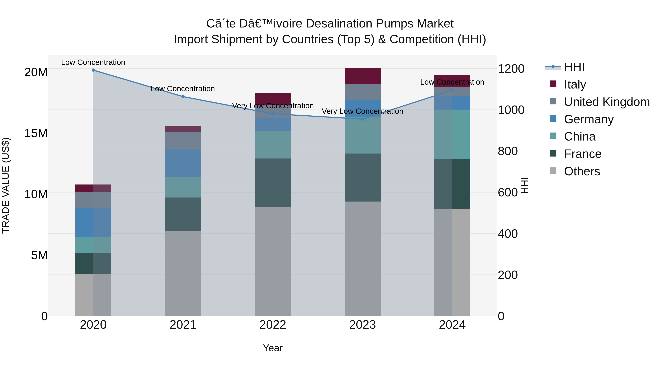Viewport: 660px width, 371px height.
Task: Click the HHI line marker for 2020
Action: [x=93, y=70]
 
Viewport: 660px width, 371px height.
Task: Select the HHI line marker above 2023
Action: [x=362, y=119]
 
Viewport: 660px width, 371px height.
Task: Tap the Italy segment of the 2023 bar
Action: [x=362, y=76]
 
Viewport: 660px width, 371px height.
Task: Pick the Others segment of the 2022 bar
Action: [x=273, y=261]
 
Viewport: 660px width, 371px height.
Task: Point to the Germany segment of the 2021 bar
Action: [x=183, y=163]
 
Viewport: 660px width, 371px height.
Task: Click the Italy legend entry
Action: [x=575, y=84]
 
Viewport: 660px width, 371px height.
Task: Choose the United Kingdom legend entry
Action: [x=606, y=102]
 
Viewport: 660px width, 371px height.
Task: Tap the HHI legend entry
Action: [x=574, y=67]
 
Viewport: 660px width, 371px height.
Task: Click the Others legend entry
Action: [x=582, y=171]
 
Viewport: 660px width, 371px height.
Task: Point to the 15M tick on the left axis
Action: [x=36, y=133]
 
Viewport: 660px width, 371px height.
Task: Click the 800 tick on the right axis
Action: [x=507, y=151]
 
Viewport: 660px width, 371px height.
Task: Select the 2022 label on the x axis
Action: [x=273, y=325]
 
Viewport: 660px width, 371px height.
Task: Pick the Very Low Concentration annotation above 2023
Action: [x=362, y=111]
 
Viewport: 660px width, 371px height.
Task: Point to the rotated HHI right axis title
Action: [x=525, y=185]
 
